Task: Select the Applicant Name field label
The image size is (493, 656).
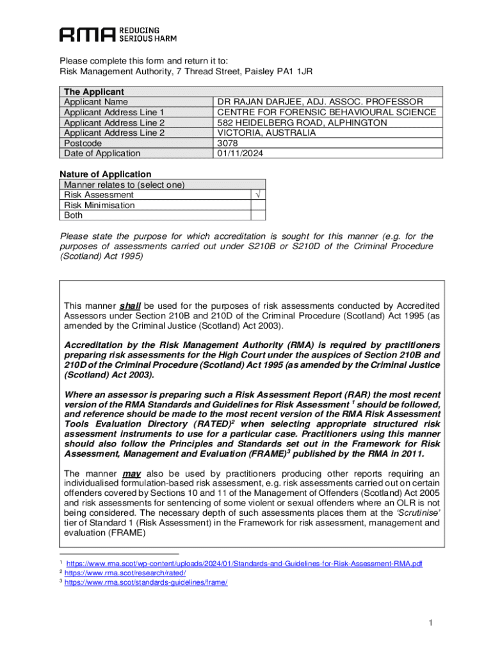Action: click(x=95, y=102)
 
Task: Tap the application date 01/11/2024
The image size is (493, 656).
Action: click(x=240, y=153)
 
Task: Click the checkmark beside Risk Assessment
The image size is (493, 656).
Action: click(x=257, y=195)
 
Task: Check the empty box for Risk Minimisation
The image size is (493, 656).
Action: click(x=257, y=205)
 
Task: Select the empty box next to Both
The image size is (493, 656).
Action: click(x=257, y=215)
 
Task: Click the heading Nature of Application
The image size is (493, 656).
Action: click(x=106, y=174)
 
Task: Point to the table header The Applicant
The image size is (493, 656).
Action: click(x=93, y=92)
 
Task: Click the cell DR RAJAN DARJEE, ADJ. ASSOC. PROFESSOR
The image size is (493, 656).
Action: click(x=319, y=102)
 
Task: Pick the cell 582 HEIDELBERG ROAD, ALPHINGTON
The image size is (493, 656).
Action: click(x=302, y=122)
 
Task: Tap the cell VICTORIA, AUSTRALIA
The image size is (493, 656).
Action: click(x=266, y=133)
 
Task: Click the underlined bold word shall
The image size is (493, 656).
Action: click(x=130, y=306)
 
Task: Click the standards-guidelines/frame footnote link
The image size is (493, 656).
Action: click(x=146, y=582)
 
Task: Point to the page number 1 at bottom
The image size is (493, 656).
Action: click(x=432, y=623)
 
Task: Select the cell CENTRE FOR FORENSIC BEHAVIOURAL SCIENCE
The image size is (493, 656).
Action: click(x=327, y=112)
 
